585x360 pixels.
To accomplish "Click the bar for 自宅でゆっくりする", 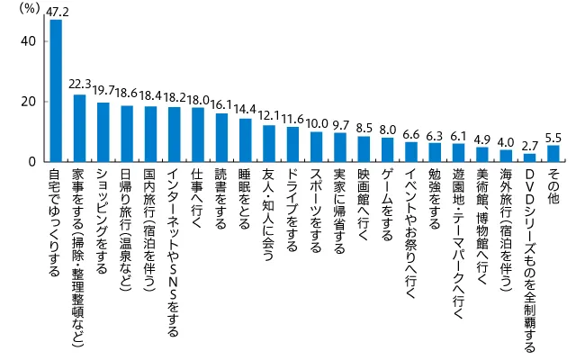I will click(56, 90).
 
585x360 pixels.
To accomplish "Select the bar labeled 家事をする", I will click(79, 128).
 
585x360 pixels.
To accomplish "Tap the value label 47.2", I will click(56, 12).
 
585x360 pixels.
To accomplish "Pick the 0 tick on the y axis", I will click(32, 162).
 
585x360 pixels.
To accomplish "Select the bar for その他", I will click(553, 153).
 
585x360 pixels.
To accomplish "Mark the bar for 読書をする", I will click(221, 138).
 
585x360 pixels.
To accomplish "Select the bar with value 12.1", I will click(268, 144).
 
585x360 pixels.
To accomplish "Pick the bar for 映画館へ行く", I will click(364, 148).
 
